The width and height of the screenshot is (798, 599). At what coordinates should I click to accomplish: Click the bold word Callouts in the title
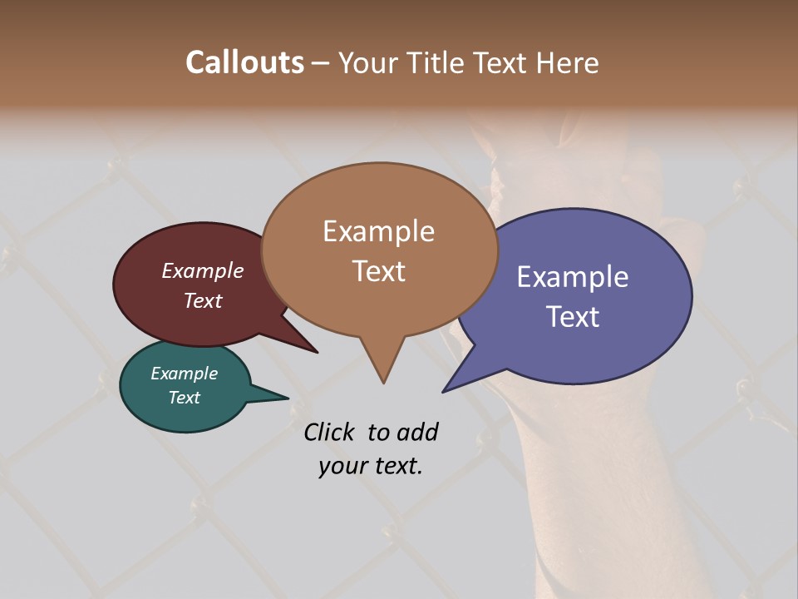coord(244,62)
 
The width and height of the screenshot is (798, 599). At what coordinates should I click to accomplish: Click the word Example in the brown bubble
coord(378,231)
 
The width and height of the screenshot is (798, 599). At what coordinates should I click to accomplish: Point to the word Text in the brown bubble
coord(378,271)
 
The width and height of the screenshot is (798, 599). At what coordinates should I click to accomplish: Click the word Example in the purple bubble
coord(572,277)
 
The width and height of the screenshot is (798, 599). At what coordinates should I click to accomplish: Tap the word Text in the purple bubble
coord(573,317)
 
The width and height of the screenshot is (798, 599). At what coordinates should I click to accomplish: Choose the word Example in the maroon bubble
coord(203,270)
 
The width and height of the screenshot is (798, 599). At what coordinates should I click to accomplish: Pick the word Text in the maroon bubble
coord(203,300)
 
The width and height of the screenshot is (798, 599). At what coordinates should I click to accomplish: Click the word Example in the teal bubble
coord(184,374)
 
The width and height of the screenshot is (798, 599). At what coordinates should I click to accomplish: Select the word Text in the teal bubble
coord(184,398)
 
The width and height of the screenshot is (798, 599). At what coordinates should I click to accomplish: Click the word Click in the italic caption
coord(328,432)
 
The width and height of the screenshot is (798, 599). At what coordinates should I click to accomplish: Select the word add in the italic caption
coord(416,432)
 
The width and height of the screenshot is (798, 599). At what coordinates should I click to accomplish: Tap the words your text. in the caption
coord(371,466)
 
